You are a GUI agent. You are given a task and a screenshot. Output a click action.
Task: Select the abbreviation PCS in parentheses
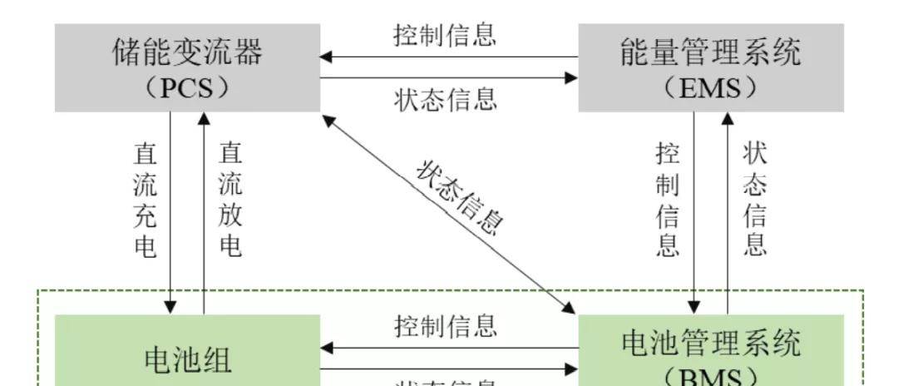click(188, 87)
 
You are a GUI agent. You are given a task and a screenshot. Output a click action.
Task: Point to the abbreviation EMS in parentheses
click(711, 87)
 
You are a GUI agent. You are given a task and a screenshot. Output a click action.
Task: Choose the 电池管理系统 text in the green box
click(710, 342)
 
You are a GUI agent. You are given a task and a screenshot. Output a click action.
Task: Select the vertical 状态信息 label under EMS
click(754, 200)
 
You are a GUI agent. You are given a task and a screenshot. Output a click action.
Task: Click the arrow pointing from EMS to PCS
click(449, 57)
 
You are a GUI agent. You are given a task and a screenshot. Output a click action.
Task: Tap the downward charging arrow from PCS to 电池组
click(171, 208)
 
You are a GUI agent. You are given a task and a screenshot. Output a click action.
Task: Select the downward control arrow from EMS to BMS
click(695, 208)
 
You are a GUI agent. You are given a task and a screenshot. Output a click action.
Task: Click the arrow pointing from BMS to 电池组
click(449, 347)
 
